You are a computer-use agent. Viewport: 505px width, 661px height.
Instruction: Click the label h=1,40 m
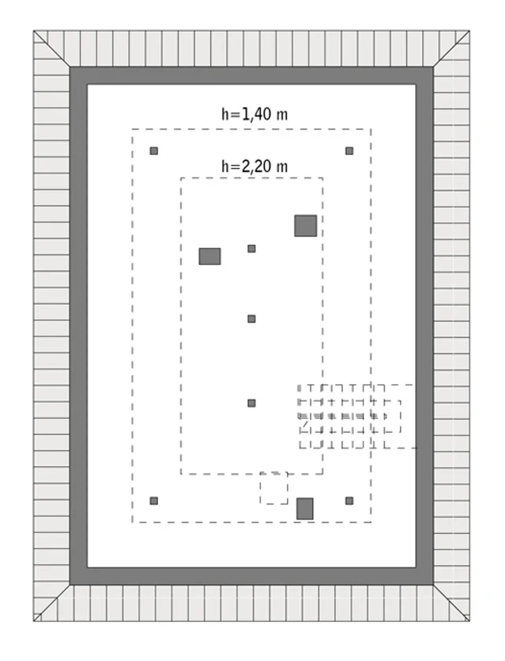tap(254, 115)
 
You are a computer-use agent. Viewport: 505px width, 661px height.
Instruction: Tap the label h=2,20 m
tap(254, 167)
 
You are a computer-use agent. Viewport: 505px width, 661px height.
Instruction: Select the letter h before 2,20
tap(225, 167)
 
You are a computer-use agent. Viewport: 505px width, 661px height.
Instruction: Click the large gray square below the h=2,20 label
tap(306, 225)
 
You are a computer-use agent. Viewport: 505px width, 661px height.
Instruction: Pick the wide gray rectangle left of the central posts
tap(209, 256)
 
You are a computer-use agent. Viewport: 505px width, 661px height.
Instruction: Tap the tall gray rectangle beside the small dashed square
tap(305, 509)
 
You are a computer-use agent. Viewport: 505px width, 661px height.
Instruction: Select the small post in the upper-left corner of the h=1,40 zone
tap(154, 151)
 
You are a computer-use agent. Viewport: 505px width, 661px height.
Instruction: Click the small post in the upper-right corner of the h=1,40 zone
tap(349, 151)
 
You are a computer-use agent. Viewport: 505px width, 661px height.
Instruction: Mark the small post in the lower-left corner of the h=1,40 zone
tap(154, 501)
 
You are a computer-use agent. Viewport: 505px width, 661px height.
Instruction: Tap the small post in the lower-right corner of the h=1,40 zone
tap(349, 501)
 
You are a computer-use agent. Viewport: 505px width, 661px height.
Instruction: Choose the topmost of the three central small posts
tap(252, 249)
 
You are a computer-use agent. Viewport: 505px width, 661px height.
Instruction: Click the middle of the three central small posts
tap(252, 319)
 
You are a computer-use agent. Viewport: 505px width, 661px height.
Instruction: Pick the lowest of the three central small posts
tap(252, 403)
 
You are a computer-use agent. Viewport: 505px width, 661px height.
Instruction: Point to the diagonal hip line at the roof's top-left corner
tap(51, 49)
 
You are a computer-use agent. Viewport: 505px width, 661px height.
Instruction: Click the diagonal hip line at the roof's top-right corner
tap(451, 49)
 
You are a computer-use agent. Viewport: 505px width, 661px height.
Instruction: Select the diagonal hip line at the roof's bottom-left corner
tap(51, 603)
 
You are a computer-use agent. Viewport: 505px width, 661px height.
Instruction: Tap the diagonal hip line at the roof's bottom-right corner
tap(451, 603)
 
